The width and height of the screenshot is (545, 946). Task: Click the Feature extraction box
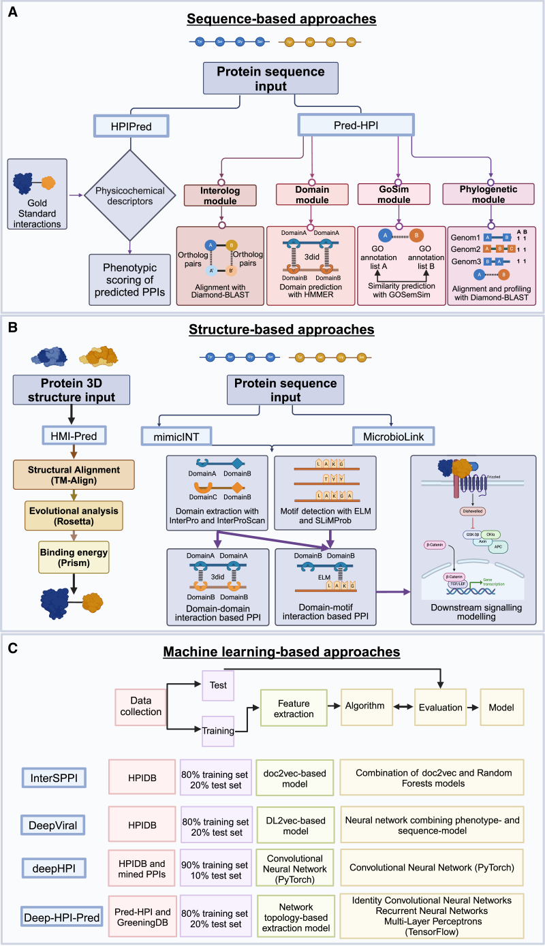(x=294, y=708)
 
